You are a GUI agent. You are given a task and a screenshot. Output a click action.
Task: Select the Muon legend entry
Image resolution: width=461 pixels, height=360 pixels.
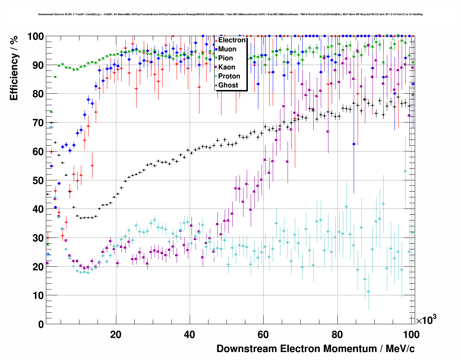click(227, 49)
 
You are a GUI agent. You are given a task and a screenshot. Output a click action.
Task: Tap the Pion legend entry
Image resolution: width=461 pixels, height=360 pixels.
click(225, 58)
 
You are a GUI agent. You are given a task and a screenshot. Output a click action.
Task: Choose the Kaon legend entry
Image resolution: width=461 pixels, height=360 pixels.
click(227, 67)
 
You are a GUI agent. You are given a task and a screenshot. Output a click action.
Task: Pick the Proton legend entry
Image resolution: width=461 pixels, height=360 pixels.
click(229, 76)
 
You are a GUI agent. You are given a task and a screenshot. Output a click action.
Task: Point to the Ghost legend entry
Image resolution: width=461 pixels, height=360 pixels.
click(228, 85)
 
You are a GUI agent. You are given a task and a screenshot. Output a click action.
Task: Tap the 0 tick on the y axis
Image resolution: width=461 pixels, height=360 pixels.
click(41, 324)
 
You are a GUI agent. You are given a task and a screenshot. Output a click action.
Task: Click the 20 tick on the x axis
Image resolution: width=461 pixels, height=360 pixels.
click(116, 334)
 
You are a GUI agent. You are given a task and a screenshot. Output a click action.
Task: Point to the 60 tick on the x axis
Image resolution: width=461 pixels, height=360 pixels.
click(263, 334)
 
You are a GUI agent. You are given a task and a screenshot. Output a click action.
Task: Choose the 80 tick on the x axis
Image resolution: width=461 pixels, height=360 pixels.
click(337, 334)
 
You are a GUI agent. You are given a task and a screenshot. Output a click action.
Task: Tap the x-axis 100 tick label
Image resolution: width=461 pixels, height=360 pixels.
click(410, 334)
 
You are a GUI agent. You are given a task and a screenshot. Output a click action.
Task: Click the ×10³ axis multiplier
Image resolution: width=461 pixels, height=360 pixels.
click(426, 320)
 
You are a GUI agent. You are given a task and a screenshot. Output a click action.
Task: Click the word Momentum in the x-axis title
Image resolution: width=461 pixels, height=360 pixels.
click(350, 349)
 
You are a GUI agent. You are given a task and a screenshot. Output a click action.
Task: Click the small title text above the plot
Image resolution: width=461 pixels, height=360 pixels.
click(230, 14)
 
